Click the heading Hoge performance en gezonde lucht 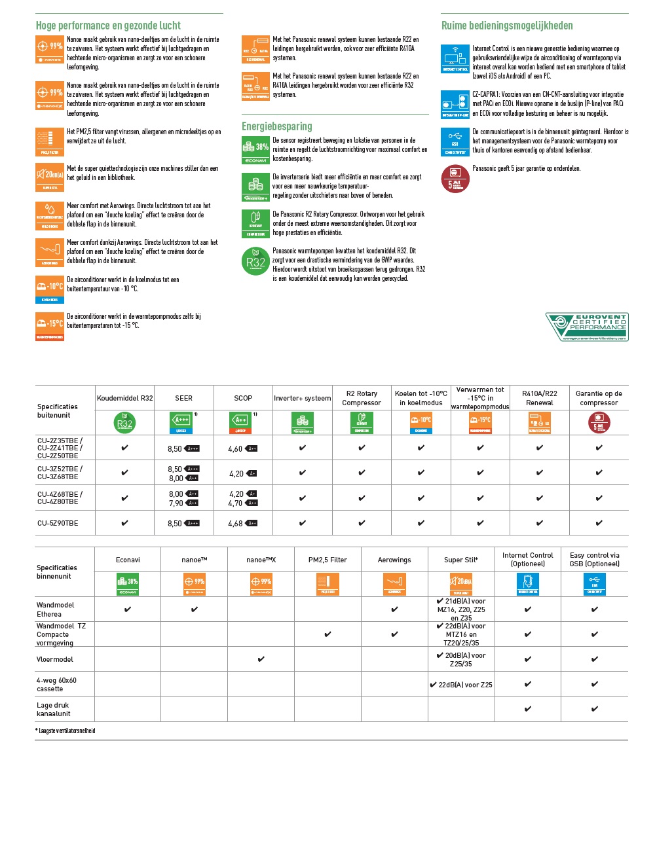tap(108, 26)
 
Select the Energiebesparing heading tap(276, 126)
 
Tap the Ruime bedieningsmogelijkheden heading tap(507, 26)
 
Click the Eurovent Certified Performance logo tap(587, 326)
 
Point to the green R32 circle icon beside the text tap(255, 261)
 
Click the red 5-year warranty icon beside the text tap(455, 179)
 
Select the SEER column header tap(183, 398)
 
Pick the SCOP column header tap(243, 398)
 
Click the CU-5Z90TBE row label tap(58, 523)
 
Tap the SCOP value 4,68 tap(235, 524)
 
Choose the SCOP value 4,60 tap(235, 449)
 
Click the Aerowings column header tap(394, 560)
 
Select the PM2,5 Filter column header tap(327, 560)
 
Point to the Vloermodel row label tap(55, 659)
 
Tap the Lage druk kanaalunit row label tap(54, 710)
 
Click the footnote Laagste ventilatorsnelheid tap(66, 731)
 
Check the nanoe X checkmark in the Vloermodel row tap(261, 659)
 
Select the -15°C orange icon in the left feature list tap(50, 326)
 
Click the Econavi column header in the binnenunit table tap(128, 560)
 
